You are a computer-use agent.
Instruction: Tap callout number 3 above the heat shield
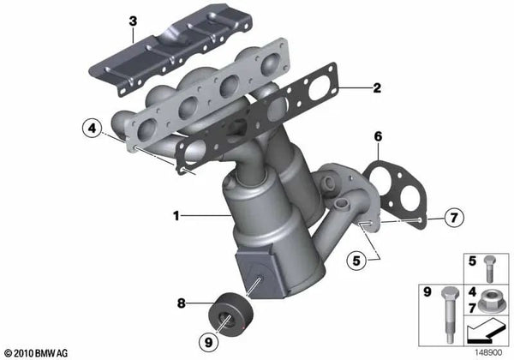[132, 20]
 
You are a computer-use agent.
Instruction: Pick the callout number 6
[377, 136]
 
